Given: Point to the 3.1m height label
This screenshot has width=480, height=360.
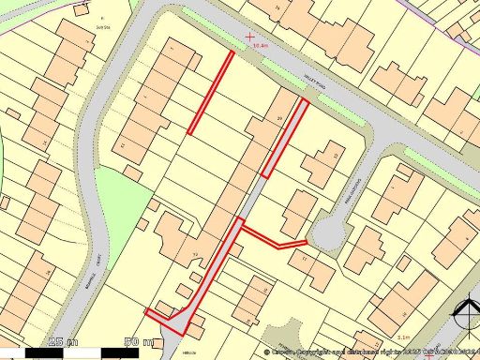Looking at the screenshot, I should tap(404, 337).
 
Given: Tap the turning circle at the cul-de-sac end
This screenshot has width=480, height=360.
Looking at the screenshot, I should tap(328, 235).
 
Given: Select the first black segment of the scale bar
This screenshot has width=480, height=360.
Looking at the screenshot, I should tap(37, 352).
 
